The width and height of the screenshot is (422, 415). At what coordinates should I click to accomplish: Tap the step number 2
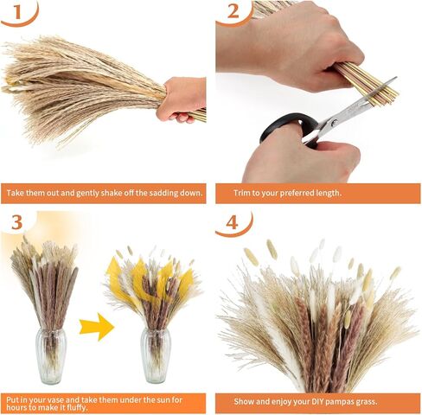[233, 11]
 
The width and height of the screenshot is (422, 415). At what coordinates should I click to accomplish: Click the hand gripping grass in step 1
[182, 97]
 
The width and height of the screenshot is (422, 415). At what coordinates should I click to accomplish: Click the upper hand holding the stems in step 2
[285, 43]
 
